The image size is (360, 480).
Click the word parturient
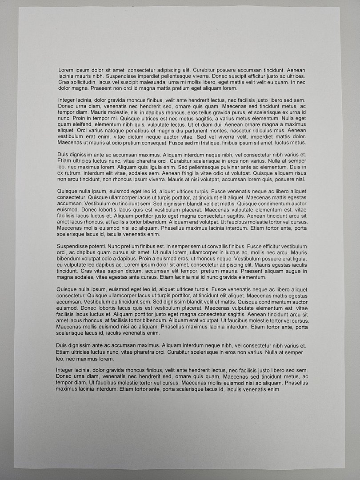194,131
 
